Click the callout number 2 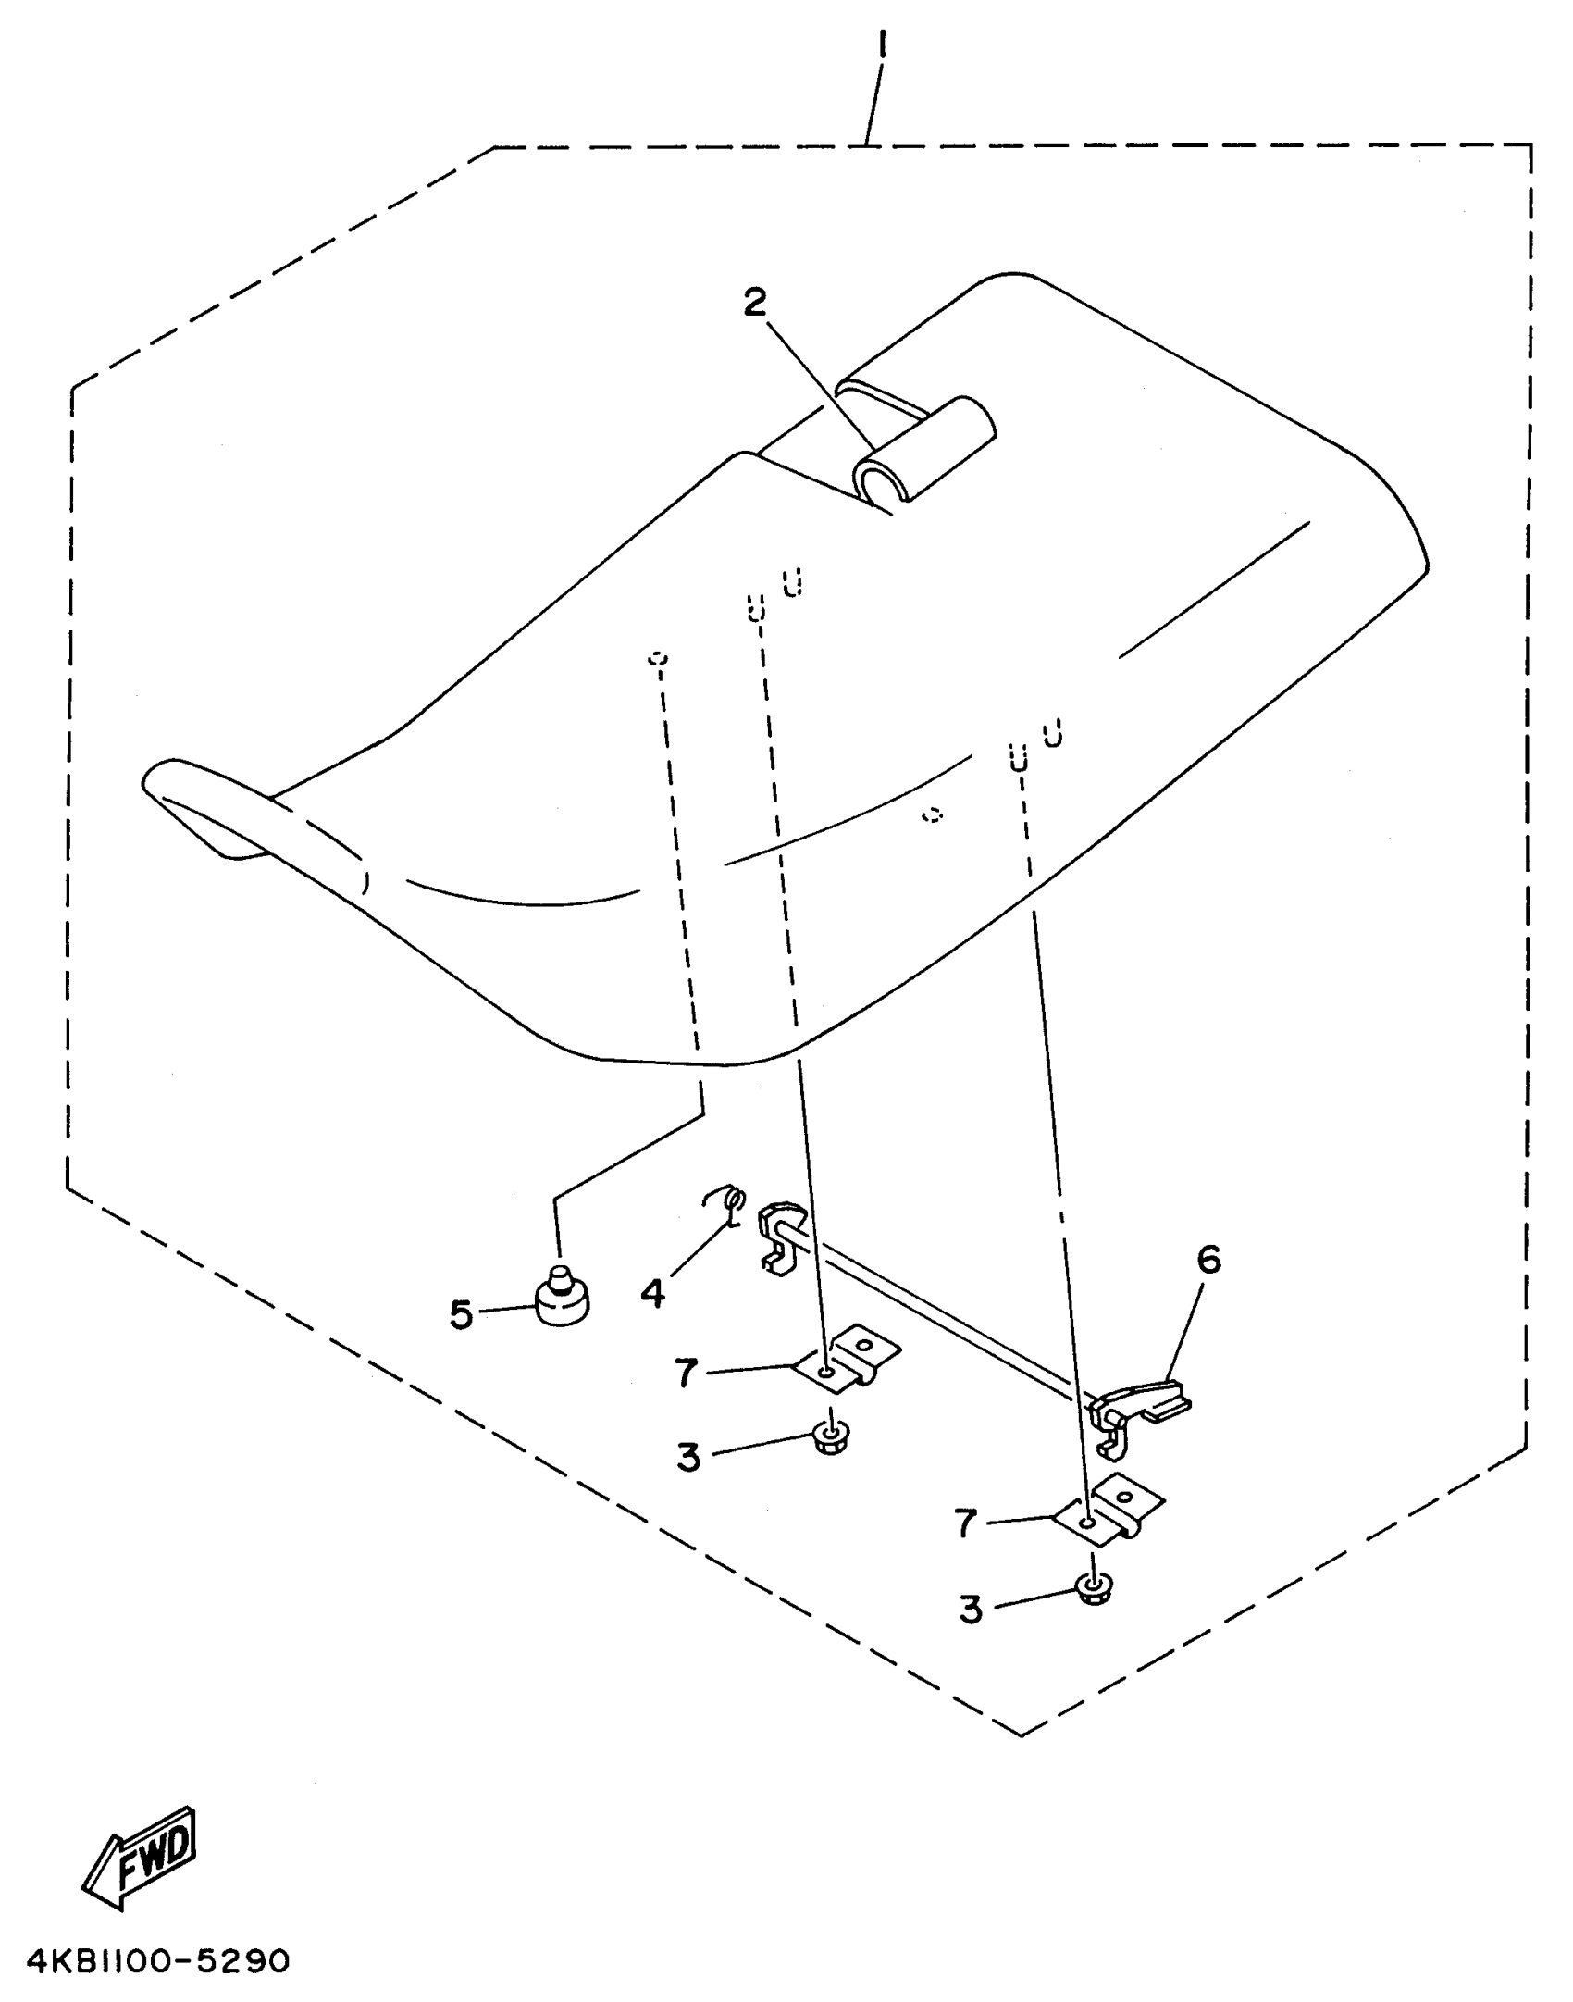756,303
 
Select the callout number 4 653,1292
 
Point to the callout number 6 1208,1260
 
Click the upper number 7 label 686,1373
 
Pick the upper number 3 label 689,1457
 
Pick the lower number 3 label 970,1610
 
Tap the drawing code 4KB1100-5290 158,1960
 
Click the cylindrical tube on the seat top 923,448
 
